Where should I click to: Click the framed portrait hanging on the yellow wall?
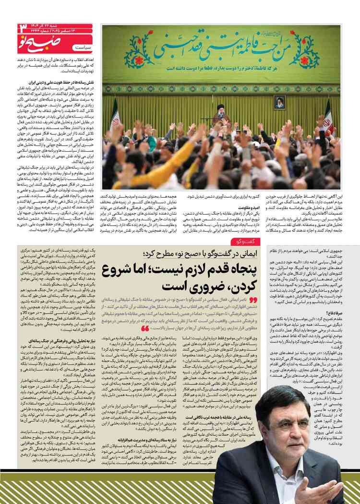(279, 101)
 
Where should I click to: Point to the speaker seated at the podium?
(221, 112)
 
